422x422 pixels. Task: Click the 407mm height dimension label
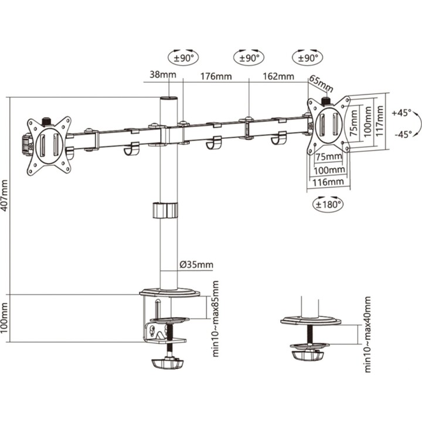click(4, 196)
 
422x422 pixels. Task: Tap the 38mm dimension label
click(163, 74)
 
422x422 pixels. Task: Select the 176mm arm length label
click(216, 76)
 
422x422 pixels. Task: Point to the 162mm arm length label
click(278, 76)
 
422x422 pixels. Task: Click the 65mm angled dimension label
click(321, 83)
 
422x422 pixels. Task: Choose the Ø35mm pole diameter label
click(196, 265)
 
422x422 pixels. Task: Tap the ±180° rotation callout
click(328, 205)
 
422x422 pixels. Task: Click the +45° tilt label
click(402, 113)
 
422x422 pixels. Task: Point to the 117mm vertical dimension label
click(379, 121)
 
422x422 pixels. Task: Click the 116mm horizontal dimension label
click(328, 182)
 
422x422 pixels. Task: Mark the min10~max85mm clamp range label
click(216, 319)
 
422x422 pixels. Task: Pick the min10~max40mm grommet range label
click(367, 335)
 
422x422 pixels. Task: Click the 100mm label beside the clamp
click(4, 318)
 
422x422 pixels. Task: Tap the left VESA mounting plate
click(49, 146)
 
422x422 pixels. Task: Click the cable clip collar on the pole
click(165, 210)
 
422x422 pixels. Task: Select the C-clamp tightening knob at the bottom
click(168, 364)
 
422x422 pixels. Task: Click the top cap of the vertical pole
click(169, 98)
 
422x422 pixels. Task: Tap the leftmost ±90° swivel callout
click(183, 57)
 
